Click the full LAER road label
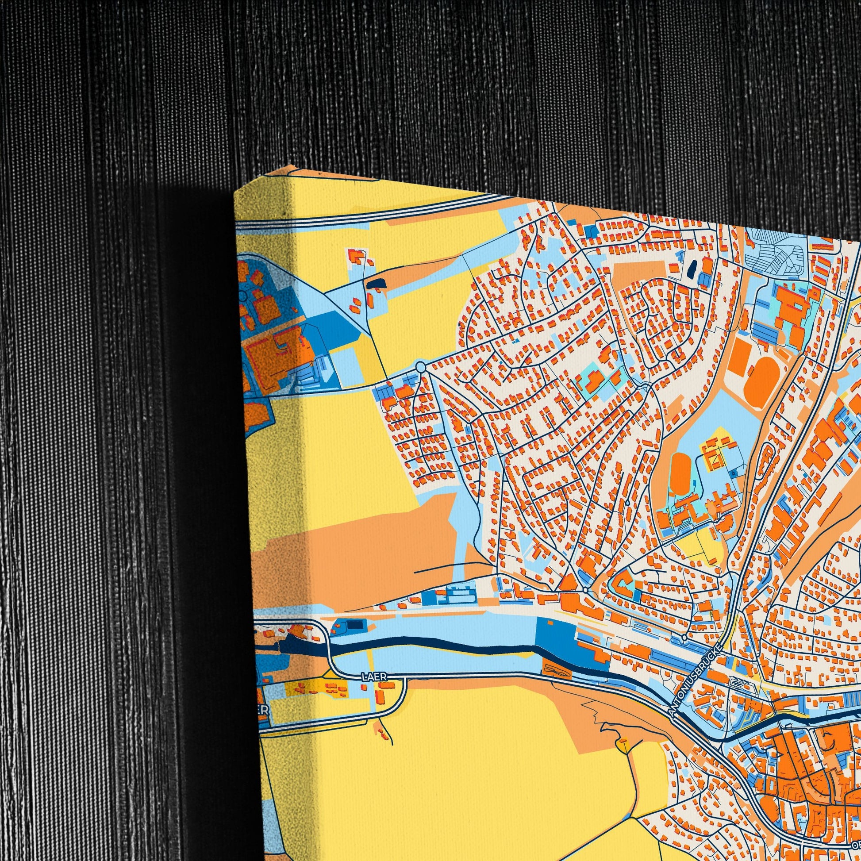(x=371, y=676)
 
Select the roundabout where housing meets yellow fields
(x=420, y=366)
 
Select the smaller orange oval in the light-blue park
(x=679, y=473)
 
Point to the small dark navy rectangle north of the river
(x=354, y=625)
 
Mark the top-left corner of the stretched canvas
(x=235, y=192)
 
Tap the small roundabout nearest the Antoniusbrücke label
(x=684, y=638)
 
